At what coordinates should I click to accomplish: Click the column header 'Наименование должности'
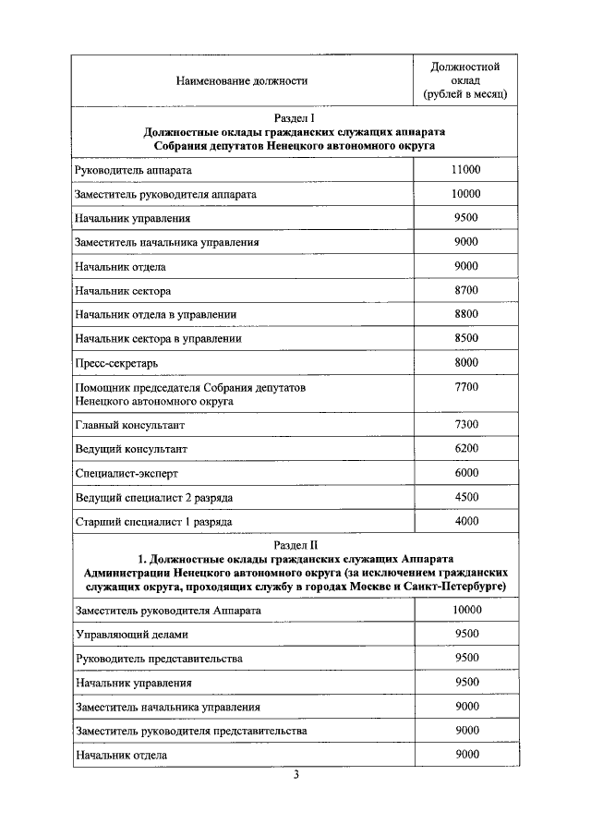coord(242,81)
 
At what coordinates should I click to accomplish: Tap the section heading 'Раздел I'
coord(295,118)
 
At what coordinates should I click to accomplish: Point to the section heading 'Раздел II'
coord(295,544)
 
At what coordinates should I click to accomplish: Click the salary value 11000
coord(466,170)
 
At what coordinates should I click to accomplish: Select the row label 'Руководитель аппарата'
coord(135,171)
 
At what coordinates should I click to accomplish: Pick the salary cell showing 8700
coord(466,290)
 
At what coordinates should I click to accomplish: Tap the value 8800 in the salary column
coord(466,314)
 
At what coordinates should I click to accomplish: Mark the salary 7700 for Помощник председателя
coord(466,387)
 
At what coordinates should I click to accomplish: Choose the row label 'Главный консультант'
coord(130,425)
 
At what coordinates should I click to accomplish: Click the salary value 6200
coord(466,448)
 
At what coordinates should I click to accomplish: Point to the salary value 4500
coord(466,496)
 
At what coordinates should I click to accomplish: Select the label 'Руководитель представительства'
coord(159,659)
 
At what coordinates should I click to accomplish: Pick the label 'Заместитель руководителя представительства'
coord(190,731)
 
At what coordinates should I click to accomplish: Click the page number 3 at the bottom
coord(295,774)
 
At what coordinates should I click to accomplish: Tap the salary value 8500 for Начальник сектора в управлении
coord(466,338)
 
